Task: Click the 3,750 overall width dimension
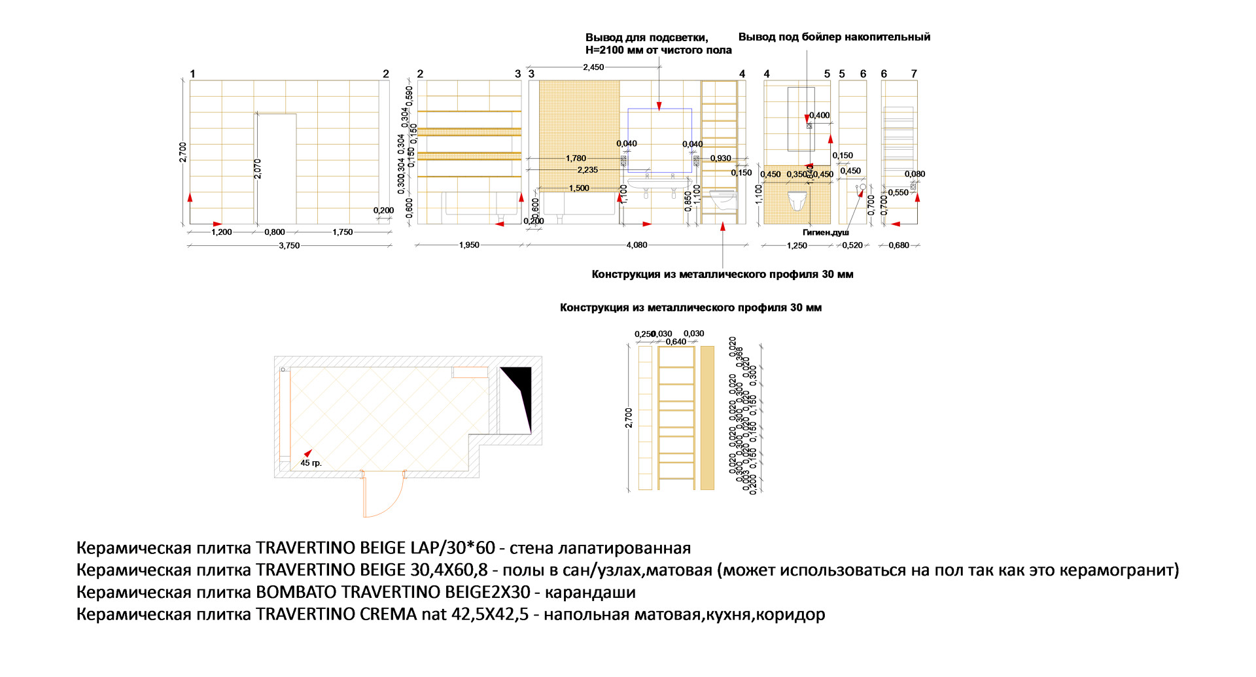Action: coord(289,246)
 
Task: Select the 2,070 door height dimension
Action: coord(258,169)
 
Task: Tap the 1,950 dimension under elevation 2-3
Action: coord(469,245)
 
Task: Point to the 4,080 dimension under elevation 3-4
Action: coord(637,245)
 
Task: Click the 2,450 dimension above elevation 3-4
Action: coord(593,67)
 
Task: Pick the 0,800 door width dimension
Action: coord(275,232)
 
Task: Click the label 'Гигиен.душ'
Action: coord(826,232)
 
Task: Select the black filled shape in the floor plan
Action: coord(519,392)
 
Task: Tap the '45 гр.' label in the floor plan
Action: coord(311,463)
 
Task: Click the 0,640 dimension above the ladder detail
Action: coord(676,341)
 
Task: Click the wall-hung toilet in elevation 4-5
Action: coord(797,201)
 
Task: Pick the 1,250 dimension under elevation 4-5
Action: coord(797,246)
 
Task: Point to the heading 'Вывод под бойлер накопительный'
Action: coord(834,37)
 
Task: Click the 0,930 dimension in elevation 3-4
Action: coord(720,158)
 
